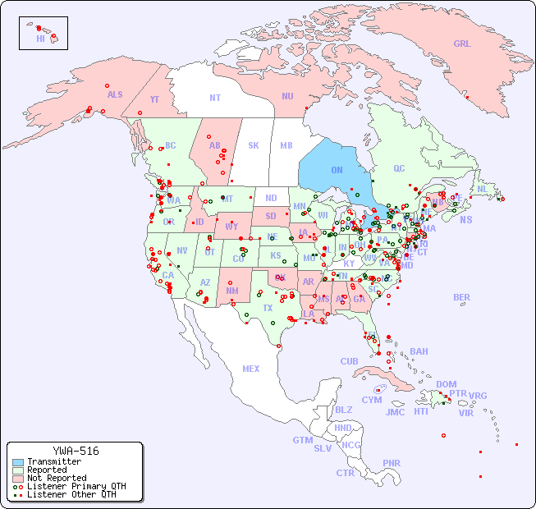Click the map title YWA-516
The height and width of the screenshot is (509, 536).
tap(76, 451)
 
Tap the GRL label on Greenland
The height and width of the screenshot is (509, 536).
tap(462, 44)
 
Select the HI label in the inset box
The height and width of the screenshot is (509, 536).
tap(40, 39)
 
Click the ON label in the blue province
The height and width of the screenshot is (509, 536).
tap(337, 170)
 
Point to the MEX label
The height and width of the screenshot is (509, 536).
tap(251, 369)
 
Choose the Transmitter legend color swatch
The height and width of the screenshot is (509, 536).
tap(18, 462)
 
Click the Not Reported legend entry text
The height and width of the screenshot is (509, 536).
tap(57, 478)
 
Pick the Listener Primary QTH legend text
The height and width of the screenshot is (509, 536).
tap(76, 486)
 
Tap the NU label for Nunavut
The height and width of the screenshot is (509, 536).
tap(287, 96)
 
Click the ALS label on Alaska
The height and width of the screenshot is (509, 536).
tap(115, 94)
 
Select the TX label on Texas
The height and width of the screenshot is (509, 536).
tap(268, 308)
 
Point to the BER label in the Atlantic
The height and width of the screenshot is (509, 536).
tap(461, 297)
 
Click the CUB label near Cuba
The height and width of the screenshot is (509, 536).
tap(349, 361)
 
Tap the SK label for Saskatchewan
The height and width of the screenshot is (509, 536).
tap(254, 145)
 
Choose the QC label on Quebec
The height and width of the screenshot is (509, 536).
tap(399, 168)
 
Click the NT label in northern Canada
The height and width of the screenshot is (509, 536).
tap(215, 98)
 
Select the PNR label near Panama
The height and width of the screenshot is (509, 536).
tap(392, 463)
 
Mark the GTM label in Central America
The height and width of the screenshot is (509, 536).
tap(302, 440)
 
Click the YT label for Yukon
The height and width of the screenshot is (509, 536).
tap(154, 99)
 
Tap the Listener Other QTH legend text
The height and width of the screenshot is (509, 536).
tap(71, 494)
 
